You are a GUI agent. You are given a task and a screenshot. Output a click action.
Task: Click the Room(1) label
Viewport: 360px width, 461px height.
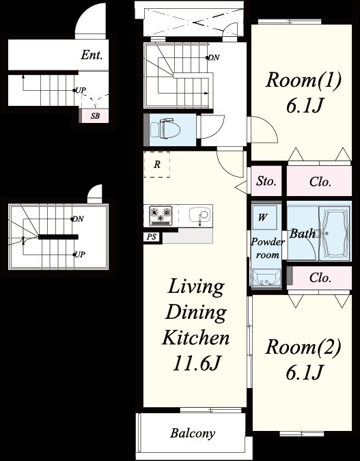tap(303, 80)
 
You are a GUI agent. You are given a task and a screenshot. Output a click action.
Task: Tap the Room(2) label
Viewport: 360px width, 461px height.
tap(303, 347)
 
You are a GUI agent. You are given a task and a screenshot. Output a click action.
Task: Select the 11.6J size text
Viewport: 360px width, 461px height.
tap(196, 363)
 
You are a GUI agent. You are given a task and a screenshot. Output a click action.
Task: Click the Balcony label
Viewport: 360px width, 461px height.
tap(193, 433)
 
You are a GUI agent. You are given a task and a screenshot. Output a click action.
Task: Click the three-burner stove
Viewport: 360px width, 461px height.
tap(161, 216)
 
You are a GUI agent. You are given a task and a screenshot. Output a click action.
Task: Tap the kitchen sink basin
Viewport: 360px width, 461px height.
tap(199, 214)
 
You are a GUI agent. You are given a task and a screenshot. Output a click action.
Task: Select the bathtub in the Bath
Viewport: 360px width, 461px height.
tap(335, 234)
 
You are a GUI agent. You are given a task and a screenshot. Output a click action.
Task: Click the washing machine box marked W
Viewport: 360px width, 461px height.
tap(264, 217)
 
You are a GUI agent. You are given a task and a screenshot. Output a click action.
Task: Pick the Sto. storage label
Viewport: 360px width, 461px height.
tap(266, 181)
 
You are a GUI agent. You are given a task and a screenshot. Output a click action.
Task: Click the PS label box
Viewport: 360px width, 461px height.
tap(152, 237)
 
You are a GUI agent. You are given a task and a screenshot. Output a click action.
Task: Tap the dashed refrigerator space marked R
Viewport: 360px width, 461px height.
tap(156, 165)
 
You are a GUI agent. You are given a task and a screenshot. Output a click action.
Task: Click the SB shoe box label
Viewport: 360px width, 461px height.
tap(95, 116)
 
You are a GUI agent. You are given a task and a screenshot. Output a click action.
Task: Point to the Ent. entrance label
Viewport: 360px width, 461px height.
tap(92, 55)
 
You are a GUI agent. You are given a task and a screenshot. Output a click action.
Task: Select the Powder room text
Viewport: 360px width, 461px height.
tap(268, 248)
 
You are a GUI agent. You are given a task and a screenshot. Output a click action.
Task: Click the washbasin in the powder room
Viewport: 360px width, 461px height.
tap(266, 278)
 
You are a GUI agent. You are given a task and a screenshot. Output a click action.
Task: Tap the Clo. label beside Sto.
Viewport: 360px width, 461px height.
tap(320, 182)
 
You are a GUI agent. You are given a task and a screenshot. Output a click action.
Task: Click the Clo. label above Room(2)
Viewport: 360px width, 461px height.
tap(320, 277)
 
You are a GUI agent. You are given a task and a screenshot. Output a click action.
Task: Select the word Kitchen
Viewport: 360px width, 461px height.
tap(196, 337)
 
